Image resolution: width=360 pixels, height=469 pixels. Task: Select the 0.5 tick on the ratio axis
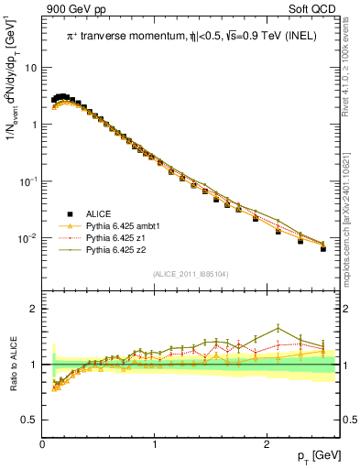click(29, 420)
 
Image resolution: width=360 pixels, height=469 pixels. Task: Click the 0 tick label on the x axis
click(43, 443)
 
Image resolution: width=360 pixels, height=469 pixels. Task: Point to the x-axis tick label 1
click(156, 443)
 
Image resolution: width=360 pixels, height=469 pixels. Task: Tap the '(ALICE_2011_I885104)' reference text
click(190, 274)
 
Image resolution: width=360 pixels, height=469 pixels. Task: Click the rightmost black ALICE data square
click(322, 248)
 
